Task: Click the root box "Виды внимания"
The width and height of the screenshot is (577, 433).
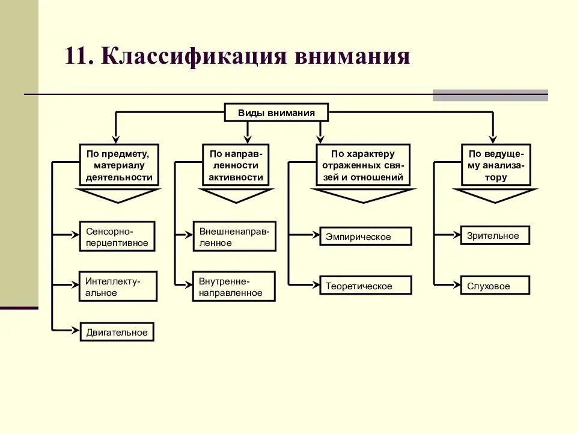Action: [x=276, y=112]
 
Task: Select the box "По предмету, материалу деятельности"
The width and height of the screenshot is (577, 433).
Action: [x=119, y=164]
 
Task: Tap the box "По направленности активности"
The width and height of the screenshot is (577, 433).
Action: [x=236, y=164]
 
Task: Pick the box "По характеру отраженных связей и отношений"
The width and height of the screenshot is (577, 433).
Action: [x=362, y=164]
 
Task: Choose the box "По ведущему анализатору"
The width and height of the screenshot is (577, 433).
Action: [x=496, y=164]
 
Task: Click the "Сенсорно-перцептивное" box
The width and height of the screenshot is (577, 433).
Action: [x=117, y=236]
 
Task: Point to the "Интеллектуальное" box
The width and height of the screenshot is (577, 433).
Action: [x=118, y=286]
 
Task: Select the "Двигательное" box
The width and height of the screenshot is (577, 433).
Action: [x=117, y=332]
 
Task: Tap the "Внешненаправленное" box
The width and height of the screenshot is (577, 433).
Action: [x=235, y=236]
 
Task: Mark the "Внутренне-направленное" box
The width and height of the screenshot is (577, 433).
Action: [x=234, y=286]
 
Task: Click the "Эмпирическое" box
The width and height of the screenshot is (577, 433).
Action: [x=365, y=236]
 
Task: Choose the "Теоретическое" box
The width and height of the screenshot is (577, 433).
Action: [x=365, y=286]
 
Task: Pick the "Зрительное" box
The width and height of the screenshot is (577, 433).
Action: [x=495, y=235]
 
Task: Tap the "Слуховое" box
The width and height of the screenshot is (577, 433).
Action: [x=495, y=285]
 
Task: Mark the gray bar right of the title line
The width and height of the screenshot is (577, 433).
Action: [x=490, y=95]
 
